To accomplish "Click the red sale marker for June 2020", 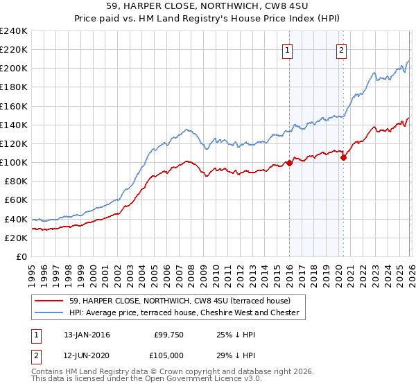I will pyautogui.click(x=343, y=157).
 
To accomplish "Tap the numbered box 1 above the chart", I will pyautogui.click(x=287, y=49).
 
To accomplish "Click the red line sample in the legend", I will pyautogui.click(x=49, y=301).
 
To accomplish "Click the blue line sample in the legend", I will pyautogui.click(x=49, y=312).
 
